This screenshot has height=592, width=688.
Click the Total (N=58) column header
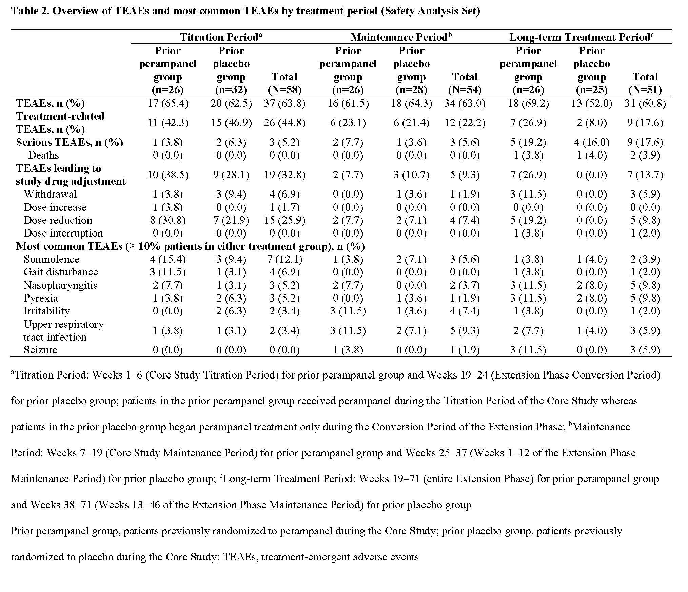(284, 83)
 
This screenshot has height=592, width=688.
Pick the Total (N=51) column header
(645, 83)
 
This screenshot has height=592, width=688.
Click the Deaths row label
(43, 155)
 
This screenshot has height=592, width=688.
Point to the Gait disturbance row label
(61, 272)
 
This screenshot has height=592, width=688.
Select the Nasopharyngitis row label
(61, 285)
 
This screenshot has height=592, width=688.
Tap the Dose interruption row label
(63, 233)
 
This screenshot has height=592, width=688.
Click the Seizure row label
(40, 350)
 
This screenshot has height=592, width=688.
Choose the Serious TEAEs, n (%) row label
(70, 142)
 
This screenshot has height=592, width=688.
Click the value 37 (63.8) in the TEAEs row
(284, 103)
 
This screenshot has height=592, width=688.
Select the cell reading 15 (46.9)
(231, 123)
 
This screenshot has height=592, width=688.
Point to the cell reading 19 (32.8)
(284, 175)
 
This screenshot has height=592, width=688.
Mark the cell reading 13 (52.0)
(592, 103)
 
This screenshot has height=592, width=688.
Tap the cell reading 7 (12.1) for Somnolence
(284, 259)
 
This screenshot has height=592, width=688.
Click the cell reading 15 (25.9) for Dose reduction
(284, 220)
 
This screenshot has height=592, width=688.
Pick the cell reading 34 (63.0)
(465, 103)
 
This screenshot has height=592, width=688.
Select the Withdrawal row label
(50, 194)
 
